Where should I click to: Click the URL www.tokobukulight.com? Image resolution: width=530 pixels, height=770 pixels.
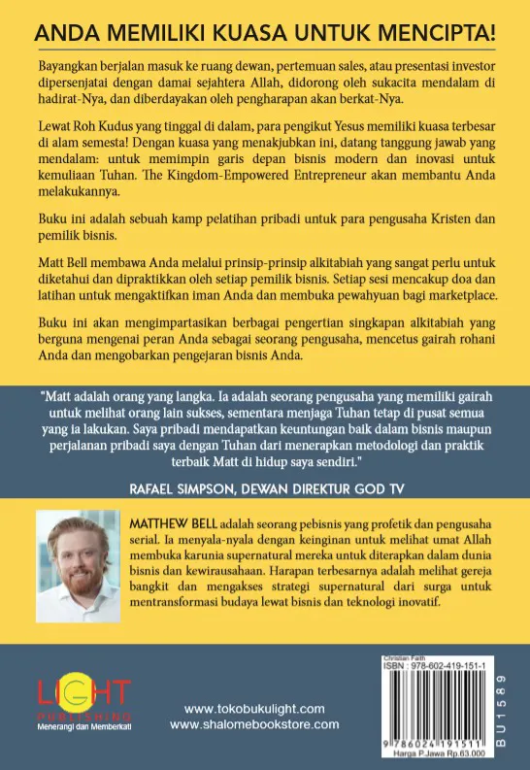coord(254,708)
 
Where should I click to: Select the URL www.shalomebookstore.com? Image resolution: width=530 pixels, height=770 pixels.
coord(254,723)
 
